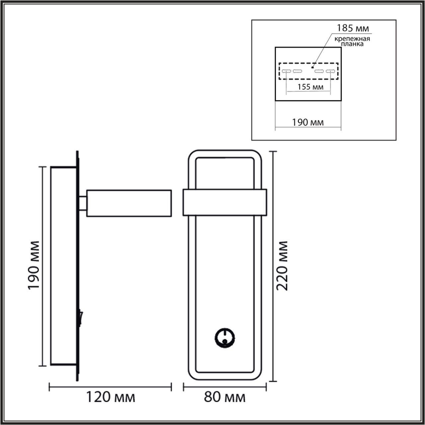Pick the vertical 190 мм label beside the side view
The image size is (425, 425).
[34, 266]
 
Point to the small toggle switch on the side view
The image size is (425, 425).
[80, 317]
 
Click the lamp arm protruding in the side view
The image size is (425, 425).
[129, 204]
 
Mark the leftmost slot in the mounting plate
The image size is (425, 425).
[286, 71]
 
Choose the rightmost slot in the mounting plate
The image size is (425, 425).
[330, 71]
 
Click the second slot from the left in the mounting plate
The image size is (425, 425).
[297, 71]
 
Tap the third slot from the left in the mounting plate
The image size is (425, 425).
[319, 71]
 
